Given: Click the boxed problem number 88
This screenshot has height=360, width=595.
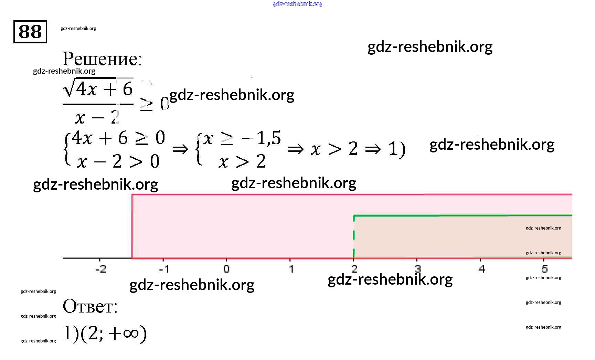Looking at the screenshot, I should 30,32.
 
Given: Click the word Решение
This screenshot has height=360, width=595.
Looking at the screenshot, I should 102,59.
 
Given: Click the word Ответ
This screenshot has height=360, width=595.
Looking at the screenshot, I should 90,306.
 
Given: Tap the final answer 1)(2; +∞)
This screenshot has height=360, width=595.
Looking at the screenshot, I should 105,333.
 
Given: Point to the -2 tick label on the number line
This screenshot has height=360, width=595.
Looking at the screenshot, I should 100,269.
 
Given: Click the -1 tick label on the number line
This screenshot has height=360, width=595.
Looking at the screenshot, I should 164,269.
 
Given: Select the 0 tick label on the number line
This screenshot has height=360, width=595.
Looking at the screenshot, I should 226,269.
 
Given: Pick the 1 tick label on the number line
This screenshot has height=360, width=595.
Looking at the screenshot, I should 291,269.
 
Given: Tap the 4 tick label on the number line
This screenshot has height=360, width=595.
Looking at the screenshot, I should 482,269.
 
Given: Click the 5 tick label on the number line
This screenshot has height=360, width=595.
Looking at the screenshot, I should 544,269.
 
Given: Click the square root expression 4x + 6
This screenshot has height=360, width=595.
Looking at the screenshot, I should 98,88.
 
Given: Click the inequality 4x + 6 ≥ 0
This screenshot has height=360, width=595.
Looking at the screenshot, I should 118,138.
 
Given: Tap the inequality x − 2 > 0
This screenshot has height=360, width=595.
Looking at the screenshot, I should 118,161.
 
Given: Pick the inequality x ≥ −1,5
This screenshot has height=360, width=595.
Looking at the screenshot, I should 242,139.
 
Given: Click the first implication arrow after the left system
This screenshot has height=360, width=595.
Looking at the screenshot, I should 180,149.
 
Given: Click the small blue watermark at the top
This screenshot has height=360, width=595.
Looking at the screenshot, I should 297,4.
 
